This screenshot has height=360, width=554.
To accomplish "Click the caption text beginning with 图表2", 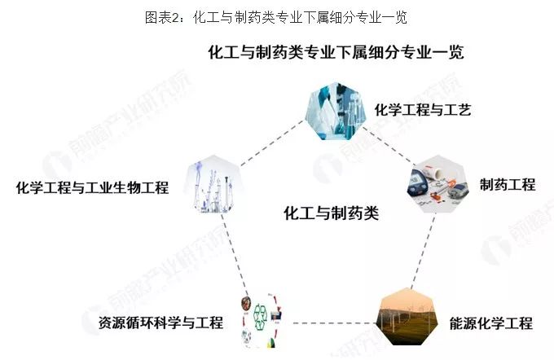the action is (x=276, y=17).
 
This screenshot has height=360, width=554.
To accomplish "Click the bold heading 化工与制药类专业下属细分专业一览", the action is (x=336, y=52).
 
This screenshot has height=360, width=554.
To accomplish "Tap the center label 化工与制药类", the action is (x=331, y=213).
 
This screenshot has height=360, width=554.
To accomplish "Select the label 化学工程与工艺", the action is (x=423, y=110).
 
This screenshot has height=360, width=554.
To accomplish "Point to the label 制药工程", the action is (x=508, y=184).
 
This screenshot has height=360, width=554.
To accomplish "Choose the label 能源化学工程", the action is (x=490, y=323).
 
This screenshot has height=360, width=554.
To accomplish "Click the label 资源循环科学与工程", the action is (x=160, y=323).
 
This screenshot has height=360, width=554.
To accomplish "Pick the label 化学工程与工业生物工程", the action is (x=92, y=187).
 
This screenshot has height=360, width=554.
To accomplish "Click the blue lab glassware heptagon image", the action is (x=335, y=111).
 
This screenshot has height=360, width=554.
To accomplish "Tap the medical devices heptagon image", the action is (x=438, y=184).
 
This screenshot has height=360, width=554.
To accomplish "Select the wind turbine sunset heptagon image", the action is (x=407, y=317).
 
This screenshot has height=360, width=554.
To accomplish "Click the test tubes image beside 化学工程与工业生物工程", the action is (x=213, y=184).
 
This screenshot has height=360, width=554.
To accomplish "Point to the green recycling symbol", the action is (x=262, y=315).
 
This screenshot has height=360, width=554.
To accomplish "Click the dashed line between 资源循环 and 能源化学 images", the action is (x=334, y=323).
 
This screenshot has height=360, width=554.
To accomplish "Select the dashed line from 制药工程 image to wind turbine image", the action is (x=423, y=251).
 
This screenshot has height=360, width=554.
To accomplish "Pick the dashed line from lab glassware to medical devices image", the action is (x=388, y=146).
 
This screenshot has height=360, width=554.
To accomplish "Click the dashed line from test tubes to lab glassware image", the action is (x=272, y=143).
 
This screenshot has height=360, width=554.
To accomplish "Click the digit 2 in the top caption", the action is (x=176, y=18).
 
